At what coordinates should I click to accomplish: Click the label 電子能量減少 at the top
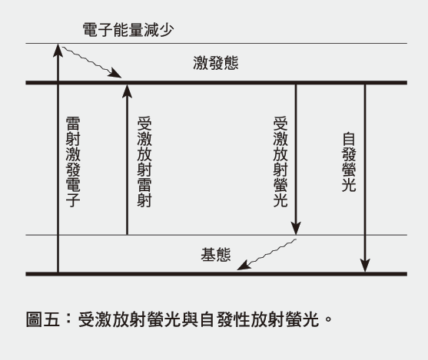128,30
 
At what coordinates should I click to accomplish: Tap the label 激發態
216,63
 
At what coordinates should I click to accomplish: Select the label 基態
216,255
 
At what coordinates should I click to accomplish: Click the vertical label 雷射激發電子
73,162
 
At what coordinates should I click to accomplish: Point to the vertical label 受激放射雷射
144,162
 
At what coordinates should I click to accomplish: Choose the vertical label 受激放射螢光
280,162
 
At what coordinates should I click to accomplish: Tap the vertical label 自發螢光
349,162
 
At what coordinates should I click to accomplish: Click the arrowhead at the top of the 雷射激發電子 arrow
58,50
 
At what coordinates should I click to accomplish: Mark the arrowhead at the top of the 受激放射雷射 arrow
127,91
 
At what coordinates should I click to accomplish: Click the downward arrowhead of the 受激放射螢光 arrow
296,228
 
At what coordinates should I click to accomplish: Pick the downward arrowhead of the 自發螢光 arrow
365,265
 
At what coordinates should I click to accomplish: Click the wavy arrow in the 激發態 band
92,62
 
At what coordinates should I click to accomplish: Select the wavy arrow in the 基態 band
267,254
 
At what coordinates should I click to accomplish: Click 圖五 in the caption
43,319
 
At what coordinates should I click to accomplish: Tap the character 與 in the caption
191,319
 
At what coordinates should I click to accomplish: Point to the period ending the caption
328,319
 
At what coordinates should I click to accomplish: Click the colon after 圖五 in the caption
68,319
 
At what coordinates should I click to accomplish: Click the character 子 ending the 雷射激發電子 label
73,200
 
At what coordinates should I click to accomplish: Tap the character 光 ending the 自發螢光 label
349,185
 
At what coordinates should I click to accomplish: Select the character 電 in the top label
91,30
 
